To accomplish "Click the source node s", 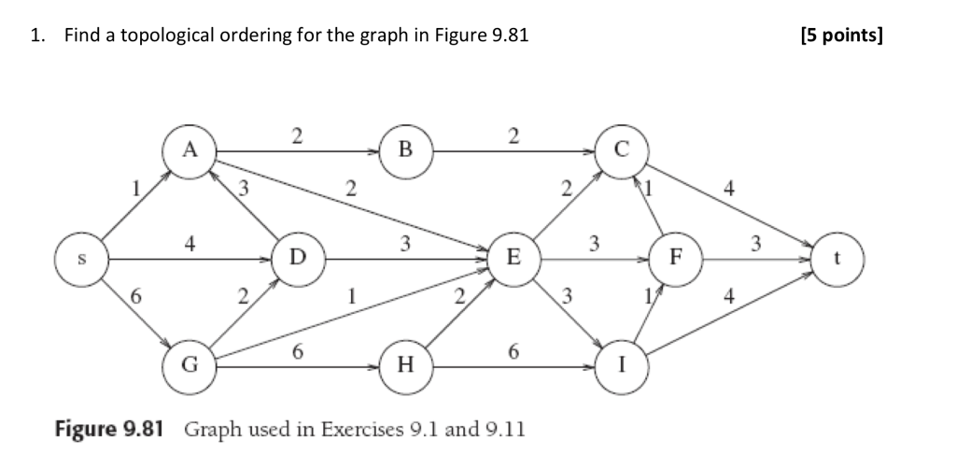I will point(81,256).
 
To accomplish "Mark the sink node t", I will point(838,256).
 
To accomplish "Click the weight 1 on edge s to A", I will point(135,189).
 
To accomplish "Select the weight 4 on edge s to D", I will point(190,244).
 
